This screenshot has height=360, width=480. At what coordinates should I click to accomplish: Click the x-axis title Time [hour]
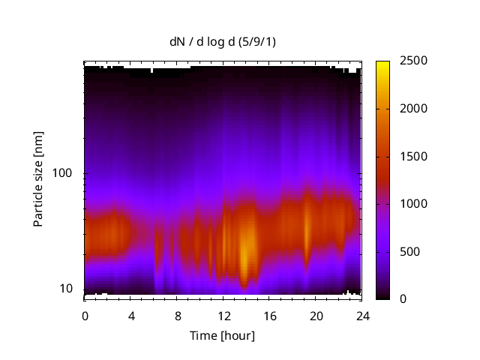(x=222, y=335)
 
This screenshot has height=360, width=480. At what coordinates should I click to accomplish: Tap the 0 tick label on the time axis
(x=85, y=315)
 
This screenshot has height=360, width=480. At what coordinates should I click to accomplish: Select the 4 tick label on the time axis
(x=131, y=315)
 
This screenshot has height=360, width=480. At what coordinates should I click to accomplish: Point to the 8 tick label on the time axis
(x=178, y=315)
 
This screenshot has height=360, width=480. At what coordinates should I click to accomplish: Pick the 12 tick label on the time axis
(x=224, y=315)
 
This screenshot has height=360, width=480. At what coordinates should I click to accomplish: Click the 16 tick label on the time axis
(x=270, y=315)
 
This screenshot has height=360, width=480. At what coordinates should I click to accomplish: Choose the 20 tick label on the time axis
(x=316, y=315)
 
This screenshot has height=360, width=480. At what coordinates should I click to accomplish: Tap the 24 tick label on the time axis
(x=363, y=315)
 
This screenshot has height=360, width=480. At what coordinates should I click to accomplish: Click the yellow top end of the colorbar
(x=382, y=63)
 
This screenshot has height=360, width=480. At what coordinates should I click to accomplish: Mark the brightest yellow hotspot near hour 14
(x=244, y=259)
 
